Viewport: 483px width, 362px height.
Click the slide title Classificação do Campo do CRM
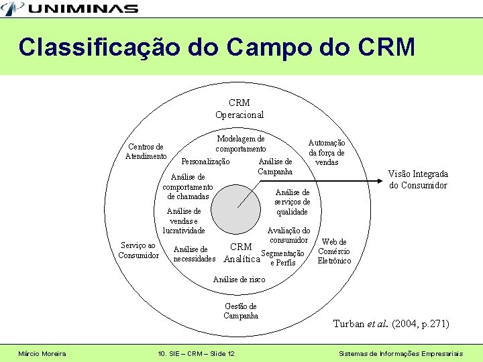click(217, 48)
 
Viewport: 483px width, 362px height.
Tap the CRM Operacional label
click(239, 109)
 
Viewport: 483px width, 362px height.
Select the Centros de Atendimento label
click(146, 152)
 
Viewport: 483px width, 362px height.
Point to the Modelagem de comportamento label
click(241, 143)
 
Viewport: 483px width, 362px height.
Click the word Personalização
click(205, 162)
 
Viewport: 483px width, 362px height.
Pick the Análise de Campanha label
click(275, 166)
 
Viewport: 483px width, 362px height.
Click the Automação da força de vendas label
click(327, 152)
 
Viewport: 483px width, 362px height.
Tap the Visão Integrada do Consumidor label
click(418, 179)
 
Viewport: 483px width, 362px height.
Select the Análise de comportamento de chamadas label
click(188, 186)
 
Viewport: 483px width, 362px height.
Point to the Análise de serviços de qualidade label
click(292, 202)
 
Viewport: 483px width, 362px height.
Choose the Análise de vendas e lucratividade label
click(184, 221)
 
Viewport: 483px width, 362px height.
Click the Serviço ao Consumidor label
click(138, 250)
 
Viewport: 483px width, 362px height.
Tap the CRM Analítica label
click(241, 253)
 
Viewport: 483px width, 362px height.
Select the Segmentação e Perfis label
click(282, 257)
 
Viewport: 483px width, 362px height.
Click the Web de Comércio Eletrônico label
click(334, 251)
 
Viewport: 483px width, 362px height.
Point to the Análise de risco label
click(239, 280)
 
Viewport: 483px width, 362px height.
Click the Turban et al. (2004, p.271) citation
click(391, 324)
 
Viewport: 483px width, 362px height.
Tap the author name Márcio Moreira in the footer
click(42, 353)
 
